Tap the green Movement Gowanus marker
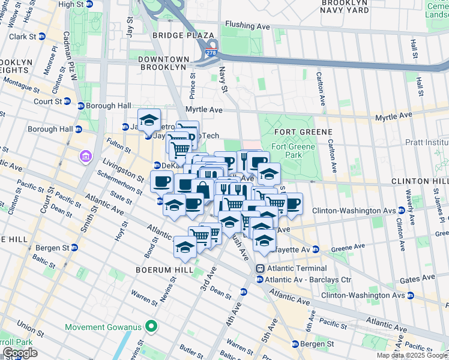point(152,327)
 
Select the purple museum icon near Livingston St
point(85,157)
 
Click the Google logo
point(19,353)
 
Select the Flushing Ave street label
point(247,26)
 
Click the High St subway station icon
point(89,4)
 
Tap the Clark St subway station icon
point(41,36)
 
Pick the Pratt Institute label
point(427,143)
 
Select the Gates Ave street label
point(420,279)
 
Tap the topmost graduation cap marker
point(149,119)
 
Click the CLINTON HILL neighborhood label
point(420,181)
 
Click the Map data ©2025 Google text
point(412,355)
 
